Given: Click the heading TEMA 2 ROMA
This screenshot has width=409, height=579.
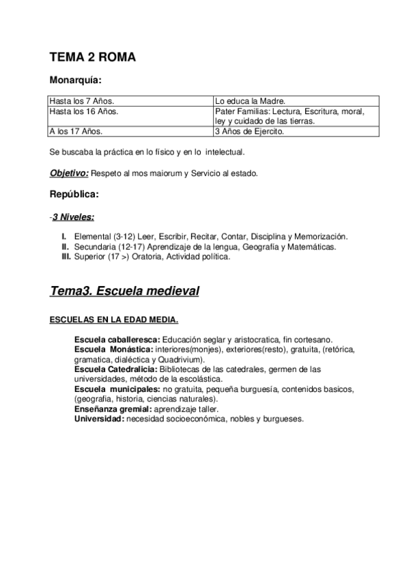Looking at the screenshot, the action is (x=92, y=57).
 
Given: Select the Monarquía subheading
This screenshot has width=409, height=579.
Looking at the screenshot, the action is (x=76, y=81).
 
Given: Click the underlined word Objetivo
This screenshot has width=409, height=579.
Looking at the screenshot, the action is (x=69, y=173).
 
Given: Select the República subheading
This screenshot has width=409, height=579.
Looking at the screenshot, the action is (x=74, y=195).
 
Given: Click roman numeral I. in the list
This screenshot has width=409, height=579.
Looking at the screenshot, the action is (x=65, y=236).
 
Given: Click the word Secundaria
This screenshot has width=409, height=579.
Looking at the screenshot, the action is (x=94, y=246).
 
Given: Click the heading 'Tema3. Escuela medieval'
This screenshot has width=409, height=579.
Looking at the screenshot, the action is (x=124, y=292).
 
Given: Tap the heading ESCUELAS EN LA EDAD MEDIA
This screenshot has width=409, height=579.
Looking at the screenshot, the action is (x=114, y=319).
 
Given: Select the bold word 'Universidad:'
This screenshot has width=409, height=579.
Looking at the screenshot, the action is (x=100, y=418).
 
